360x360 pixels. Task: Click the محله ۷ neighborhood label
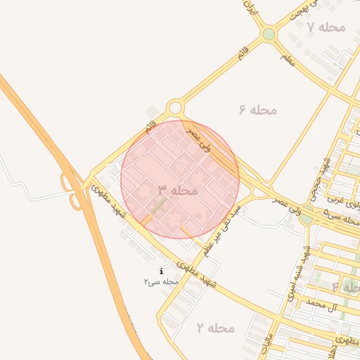click(327, 27)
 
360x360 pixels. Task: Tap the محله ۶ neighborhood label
click(258, 110)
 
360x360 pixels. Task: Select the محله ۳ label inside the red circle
click(177, 191)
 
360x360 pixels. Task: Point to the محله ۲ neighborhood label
click(215, 328)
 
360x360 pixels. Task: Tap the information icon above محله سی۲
click(162, 271)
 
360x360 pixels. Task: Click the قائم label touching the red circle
click(150, 128)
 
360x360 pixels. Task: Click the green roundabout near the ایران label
click(268, 34)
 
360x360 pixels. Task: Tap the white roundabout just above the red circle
click(175, 108)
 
